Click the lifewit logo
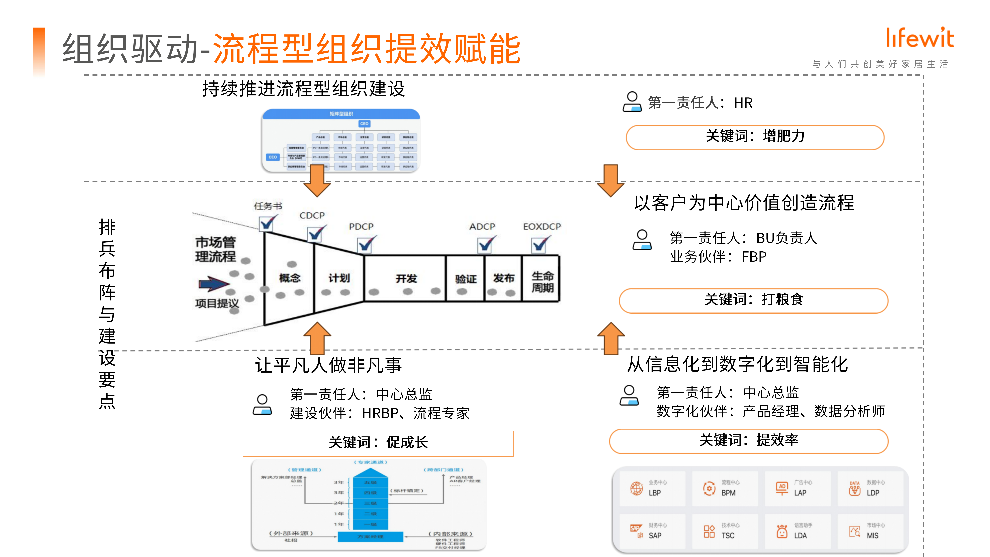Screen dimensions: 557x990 coord(920,38)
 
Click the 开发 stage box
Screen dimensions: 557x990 coord(405,278)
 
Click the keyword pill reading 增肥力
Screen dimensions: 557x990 coord(755,137)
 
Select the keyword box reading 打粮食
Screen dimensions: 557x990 coord(753,300)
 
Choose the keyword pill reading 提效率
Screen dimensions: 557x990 coord(749,440)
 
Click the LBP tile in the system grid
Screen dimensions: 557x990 coord(652,488)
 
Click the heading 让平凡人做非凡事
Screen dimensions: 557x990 coord(329,365)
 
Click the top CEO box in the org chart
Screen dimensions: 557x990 coord(364,124)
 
